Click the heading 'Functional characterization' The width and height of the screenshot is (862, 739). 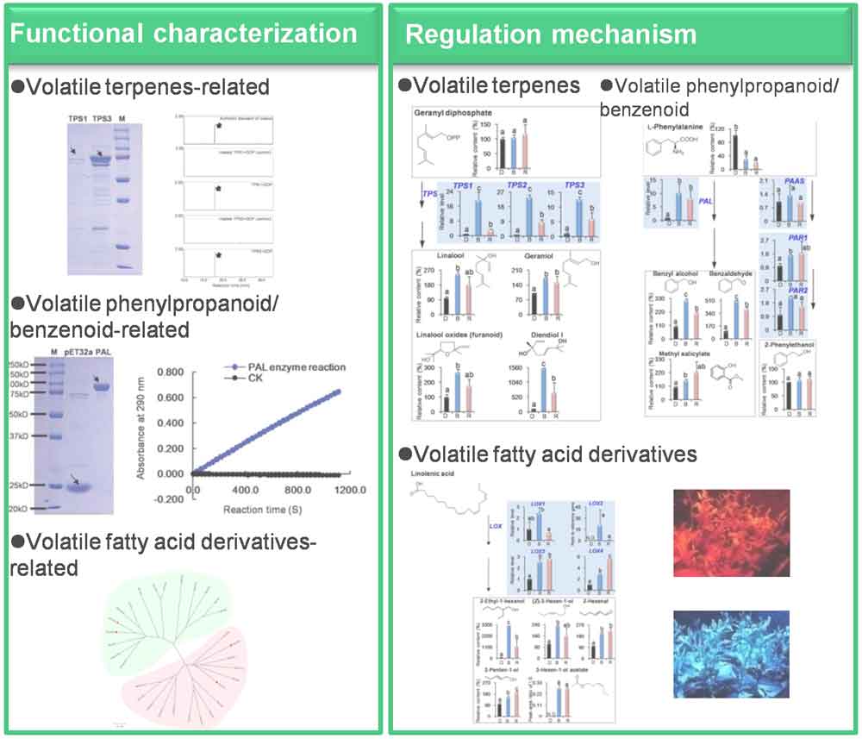click(184, 33)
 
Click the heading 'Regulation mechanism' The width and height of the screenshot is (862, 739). click(551, 34)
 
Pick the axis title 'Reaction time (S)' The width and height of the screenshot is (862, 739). click(266, 509)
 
